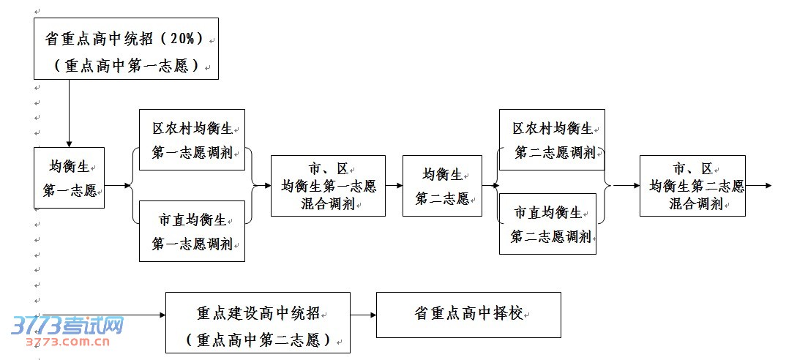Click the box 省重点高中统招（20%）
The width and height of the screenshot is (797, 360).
coord(126,48)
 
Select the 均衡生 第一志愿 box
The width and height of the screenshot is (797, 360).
coord(69,177)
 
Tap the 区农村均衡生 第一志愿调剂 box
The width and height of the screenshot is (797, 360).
coord(192,140)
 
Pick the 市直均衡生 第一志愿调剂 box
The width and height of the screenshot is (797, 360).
coord(192,230)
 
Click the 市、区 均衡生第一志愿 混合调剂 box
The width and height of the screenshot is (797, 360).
coord(328,186)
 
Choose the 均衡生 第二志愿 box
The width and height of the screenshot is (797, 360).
coord(442,186)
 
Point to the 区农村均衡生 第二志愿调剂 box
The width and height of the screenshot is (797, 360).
coord(552,140)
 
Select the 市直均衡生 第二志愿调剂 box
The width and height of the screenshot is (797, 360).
coord(547,224)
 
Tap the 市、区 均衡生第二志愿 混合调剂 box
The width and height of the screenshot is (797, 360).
coord(692,186)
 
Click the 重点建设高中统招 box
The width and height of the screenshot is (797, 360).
coord(258,323)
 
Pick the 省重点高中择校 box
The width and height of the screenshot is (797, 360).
coord(468,315)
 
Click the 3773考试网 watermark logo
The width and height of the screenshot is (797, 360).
coord(67,330)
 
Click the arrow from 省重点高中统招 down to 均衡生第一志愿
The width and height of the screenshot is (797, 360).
coord(69,113)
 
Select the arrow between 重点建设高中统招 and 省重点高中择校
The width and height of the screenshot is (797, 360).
coord(363,315)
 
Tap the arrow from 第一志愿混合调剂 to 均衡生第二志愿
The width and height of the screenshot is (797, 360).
coord(394,186)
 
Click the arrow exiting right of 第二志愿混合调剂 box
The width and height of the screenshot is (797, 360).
coord(758,186)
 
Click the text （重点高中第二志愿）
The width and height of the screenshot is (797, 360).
coord(258,340)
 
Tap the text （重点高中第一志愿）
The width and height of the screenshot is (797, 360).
coord(126,65)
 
